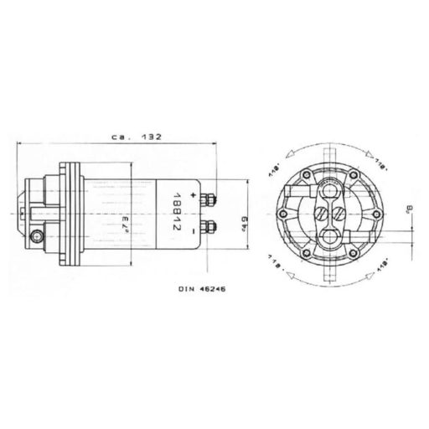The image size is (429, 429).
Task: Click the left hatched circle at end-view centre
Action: pyautogui.click(x=322, y=213)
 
